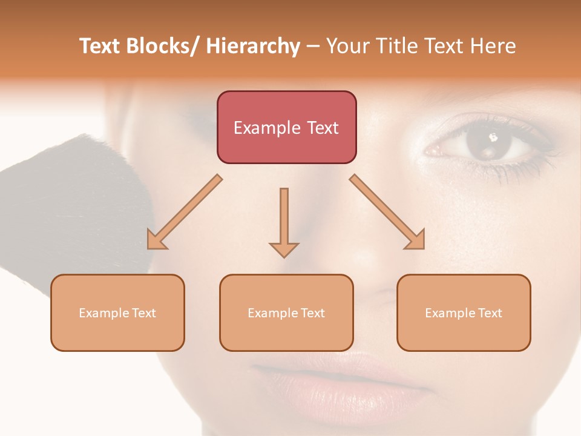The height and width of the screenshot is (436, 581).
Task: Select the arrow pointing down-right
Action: (x=388, y=213)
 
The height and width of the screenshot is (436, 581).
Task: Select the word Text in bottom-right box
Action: (x=490, y=313)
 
